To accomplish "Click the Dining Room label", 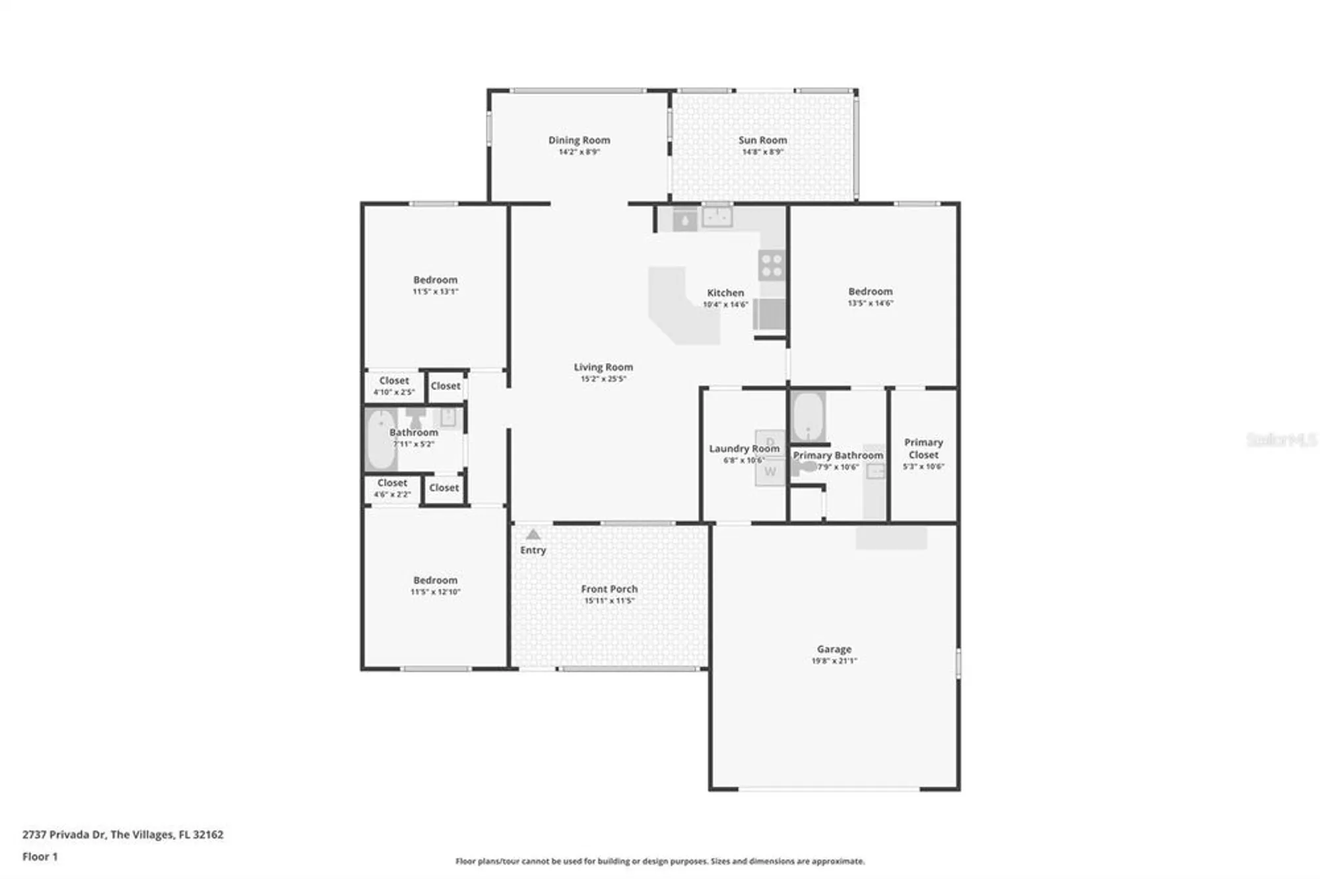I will tap(579, 140).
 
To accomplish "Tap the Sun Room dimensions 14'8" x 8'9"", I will tap(762, 152).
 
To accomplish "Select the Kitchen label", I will tap(725, 292).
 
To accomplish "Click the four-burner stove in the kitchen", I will tap(771, 265).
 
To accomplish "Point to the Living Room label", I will tap(603, 367).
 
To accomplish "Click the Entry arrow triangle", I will tap(533, 535).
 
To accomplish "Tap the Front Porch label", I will tap(609, 589).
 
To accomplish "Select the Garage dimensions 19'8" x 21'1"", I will tap(834, 661).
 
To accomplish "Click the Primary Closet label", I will tap(923, 448).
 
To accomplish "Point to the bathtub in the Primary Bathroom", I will tap(808, 416).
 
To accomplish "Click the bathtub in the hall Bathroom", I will tap(381, 439).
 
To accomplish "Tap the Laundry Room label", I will tap(744, 448).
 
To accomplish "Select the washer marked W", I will tap(770, 472).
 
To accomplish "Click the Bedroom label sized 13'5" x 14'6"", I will tap(870, 291).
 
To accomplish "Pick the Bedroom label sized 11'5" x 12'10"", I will tap(435, 580).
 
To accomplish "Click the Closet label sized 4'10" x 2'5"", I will tap(393, 381).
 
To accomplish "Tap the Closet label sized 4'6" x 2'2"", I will tap(392, 483).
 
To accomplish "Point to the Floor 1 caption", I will tap(40, 857).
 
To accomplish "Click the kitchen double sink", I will tap(717, 216).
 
